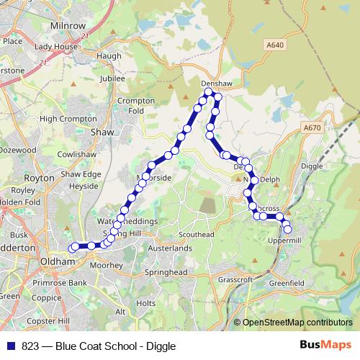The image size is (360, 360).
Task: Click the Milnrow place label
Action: pyautogui.click(x=68, y=24)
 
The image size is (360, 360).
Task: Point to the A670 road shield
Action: pyautogui.click(x=312, y=127)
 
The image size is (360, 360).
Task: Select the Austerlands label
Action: pyautogui.click(x=169, y=248)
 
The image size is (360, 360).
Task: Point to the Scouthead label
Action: pyautogui.click(x=197, y=235)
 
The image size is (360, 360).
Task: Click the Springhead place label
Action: pyautogui.click(x=166, y=274)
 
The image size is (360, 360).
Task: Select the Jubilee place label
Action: pyautogui.click(x=113, y=78)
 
